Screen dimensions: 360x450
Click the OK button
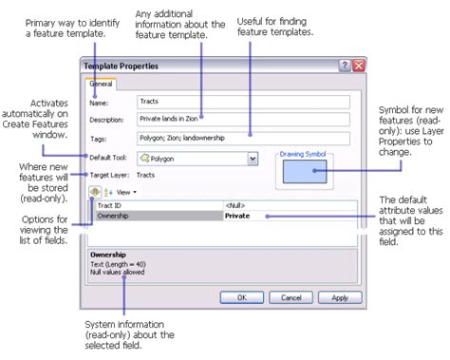[242, 297]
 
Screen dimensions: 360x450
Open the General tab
[101, 84]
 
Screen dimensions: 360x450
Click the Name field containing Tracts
[242, 101]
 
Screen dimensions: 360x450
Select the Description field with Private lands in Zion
[242, 120]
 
